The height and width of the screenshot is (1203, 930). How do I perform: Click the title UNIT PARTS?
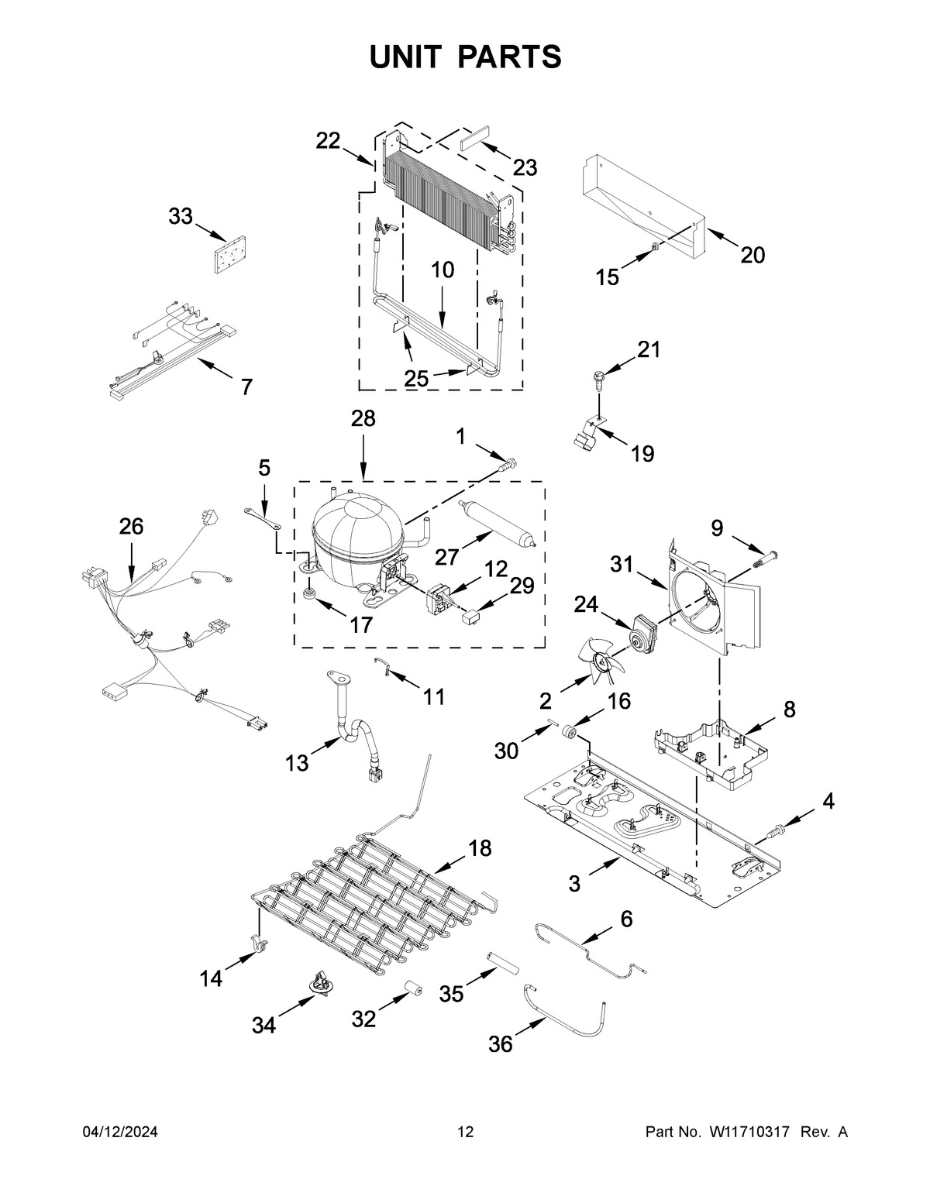[x=465, y=57]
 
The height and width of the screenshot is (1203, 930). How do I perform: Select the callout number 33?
[x=181, y=217]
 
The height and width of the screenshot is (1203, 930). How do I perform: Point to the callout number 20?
[x=752, y=254]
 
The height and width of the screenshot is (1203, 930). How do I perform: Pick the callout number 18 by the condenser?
[x=480, y=848]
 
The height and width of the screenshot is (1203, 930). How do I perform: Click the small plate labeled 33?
[x=226, y=256]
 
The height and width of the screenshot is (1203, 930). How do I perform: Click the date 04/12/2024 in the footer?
[x=120, y=1132]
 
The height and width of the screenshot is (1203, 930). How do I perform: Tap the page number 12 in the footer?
[x=465, y=1132]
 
